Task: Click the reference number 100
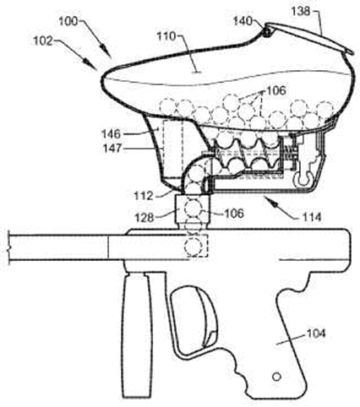68,22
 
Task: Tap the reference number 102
43,41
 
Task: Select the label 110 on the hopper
166,36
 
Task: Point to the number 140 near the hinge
243,21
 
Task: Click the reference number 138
301,12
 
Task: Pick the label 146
112,134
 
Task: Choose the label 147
112,148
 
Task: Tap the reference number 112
144,196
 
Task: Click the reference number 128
145,218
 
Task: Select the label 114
312,217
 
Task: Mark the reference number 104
316,334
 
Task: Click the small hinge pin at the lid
267,32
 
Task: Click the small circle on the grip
276,377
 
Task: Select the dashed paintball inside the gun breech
194,247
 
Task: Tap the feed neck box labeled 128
193,209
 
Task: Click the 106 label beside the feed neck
234,214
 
